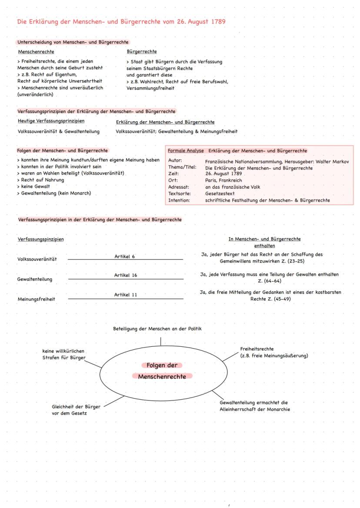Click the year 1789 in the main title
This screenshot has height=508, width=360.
[x=216, y=22]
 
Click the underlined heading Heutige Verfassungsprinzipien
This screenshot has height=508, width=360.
[x=51, y=121]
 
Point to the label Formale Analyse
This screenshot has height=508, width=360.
[x=186, y=151]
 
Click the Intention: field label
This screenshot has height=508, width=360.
[x=179, y=200]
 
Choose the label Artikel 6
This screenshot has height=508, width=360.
[x=124, y=256]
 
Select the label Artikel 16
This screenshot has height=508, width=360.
[x=126, y=276]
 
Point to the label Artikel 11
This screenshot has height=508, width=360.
[x=126, y=295]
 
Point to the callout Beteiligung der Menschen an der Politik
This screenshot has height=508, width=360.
[x=157, y=329]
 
